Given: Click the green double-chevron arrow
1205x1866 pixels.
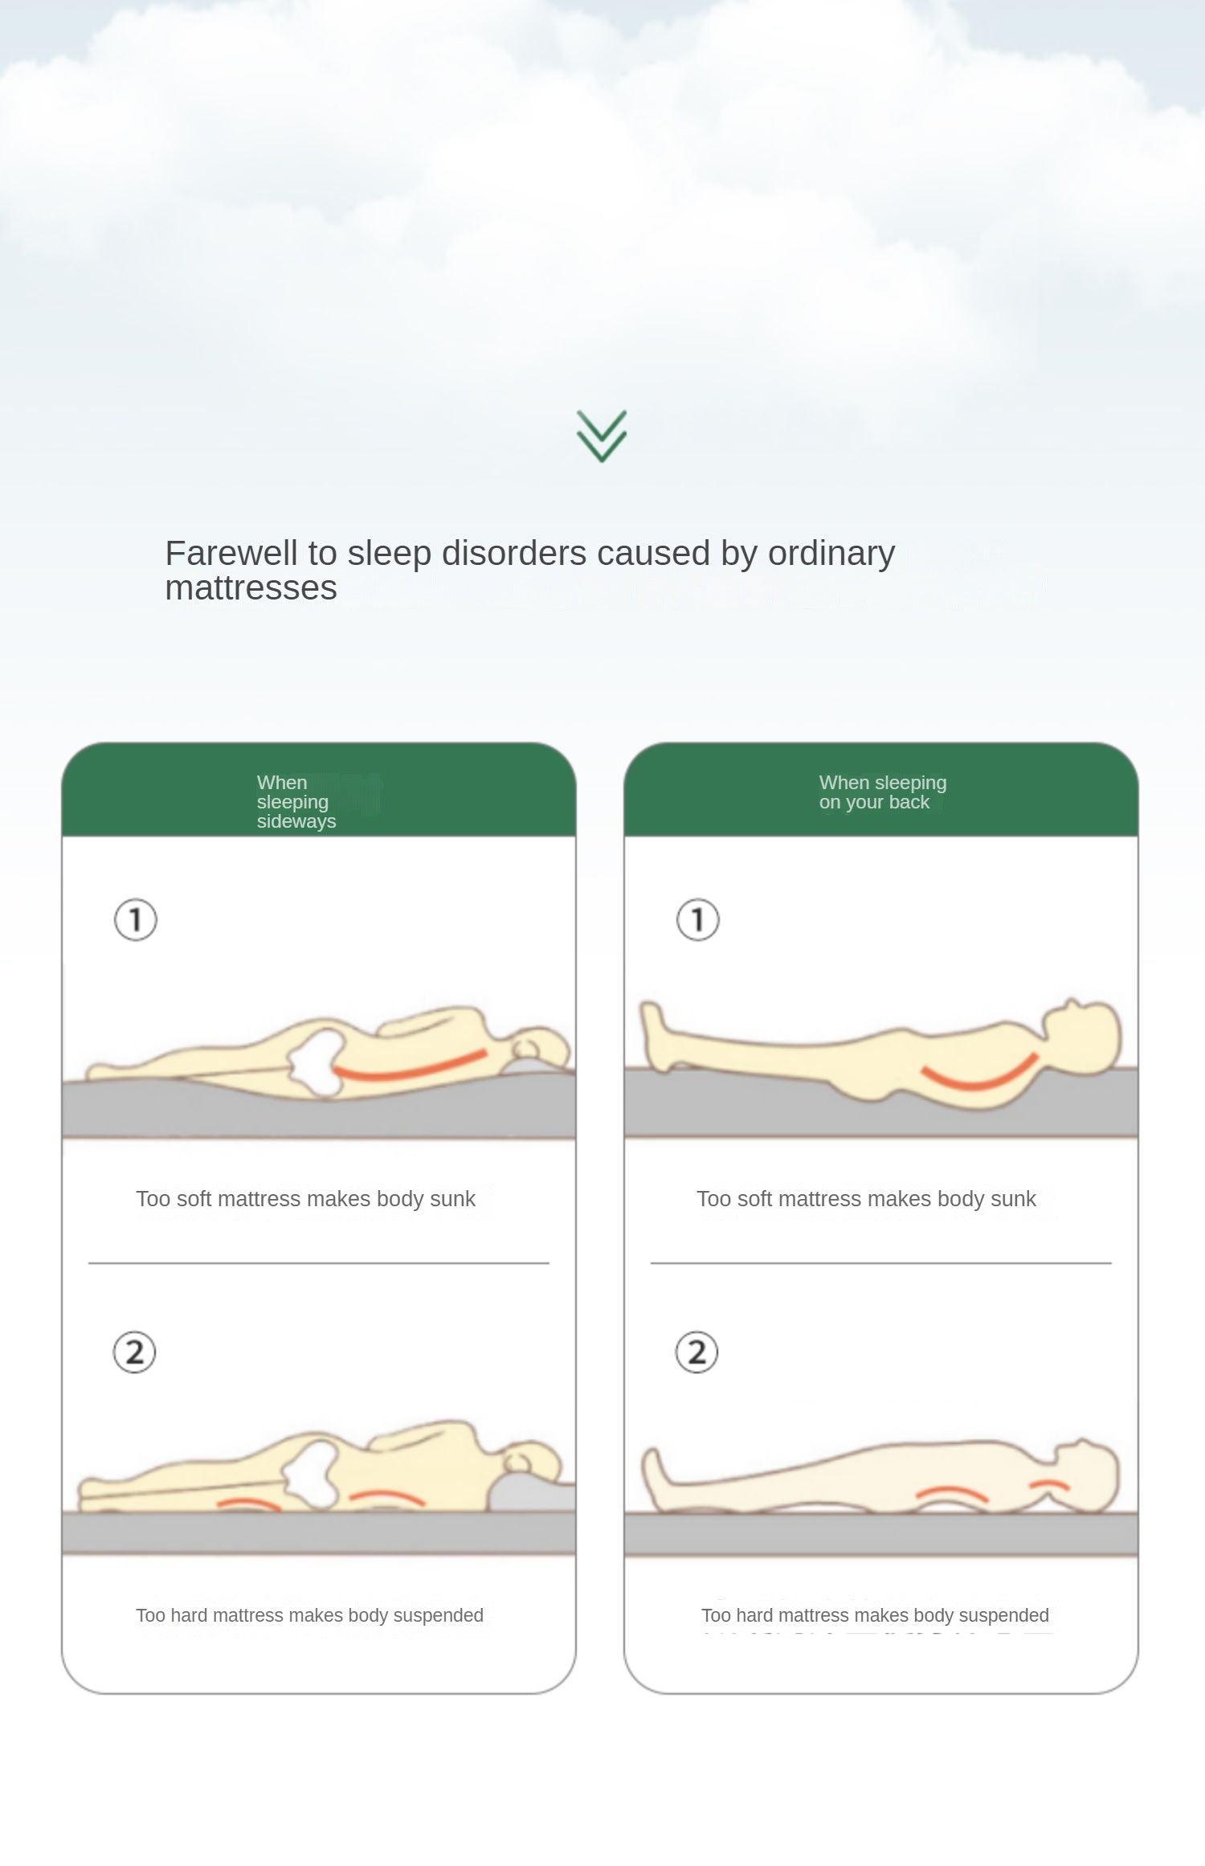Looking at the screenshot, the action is click(602, 436).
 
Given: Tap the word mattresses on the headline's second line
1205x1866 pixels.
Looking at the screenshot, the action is click(251, 588).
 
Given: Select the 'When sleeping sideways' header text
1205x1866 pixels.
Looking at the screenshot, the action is click(296, 801).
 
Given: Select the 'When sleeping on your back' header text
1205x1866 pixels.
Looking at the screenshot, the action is click(883, 792).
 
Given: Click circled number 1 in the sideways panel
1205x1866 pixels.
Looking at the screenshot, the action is click(136, 919).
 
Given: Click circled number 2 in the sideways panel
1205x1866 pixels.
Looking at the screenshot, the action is click(134, 1352).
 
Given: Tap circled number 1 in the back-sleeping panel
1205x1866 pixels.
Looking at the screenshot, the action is click(698, 919).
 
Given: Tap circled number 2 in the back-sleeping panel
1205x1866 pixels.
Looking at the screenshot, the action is click(696, 1352).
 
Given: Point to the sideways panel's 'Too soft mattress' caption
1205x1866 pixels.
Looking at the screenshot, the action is click(305, 1199).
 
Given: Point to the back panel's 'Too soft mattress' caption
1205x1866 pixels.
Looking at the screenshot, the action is click(866, 1199).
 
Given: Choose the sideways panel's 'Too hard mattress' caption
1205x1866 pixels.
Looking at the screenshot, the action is click(309, 1615).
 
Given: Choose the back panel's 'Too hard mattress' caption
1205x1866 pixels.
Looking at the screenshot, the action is click(875, 1615).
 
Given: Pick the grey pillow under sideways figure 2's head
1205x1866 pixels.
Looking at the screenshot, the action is click(531, 1494).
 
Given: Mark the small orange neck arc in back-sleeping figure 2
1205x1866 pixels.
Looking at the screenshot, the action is click(1049, 1482).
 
